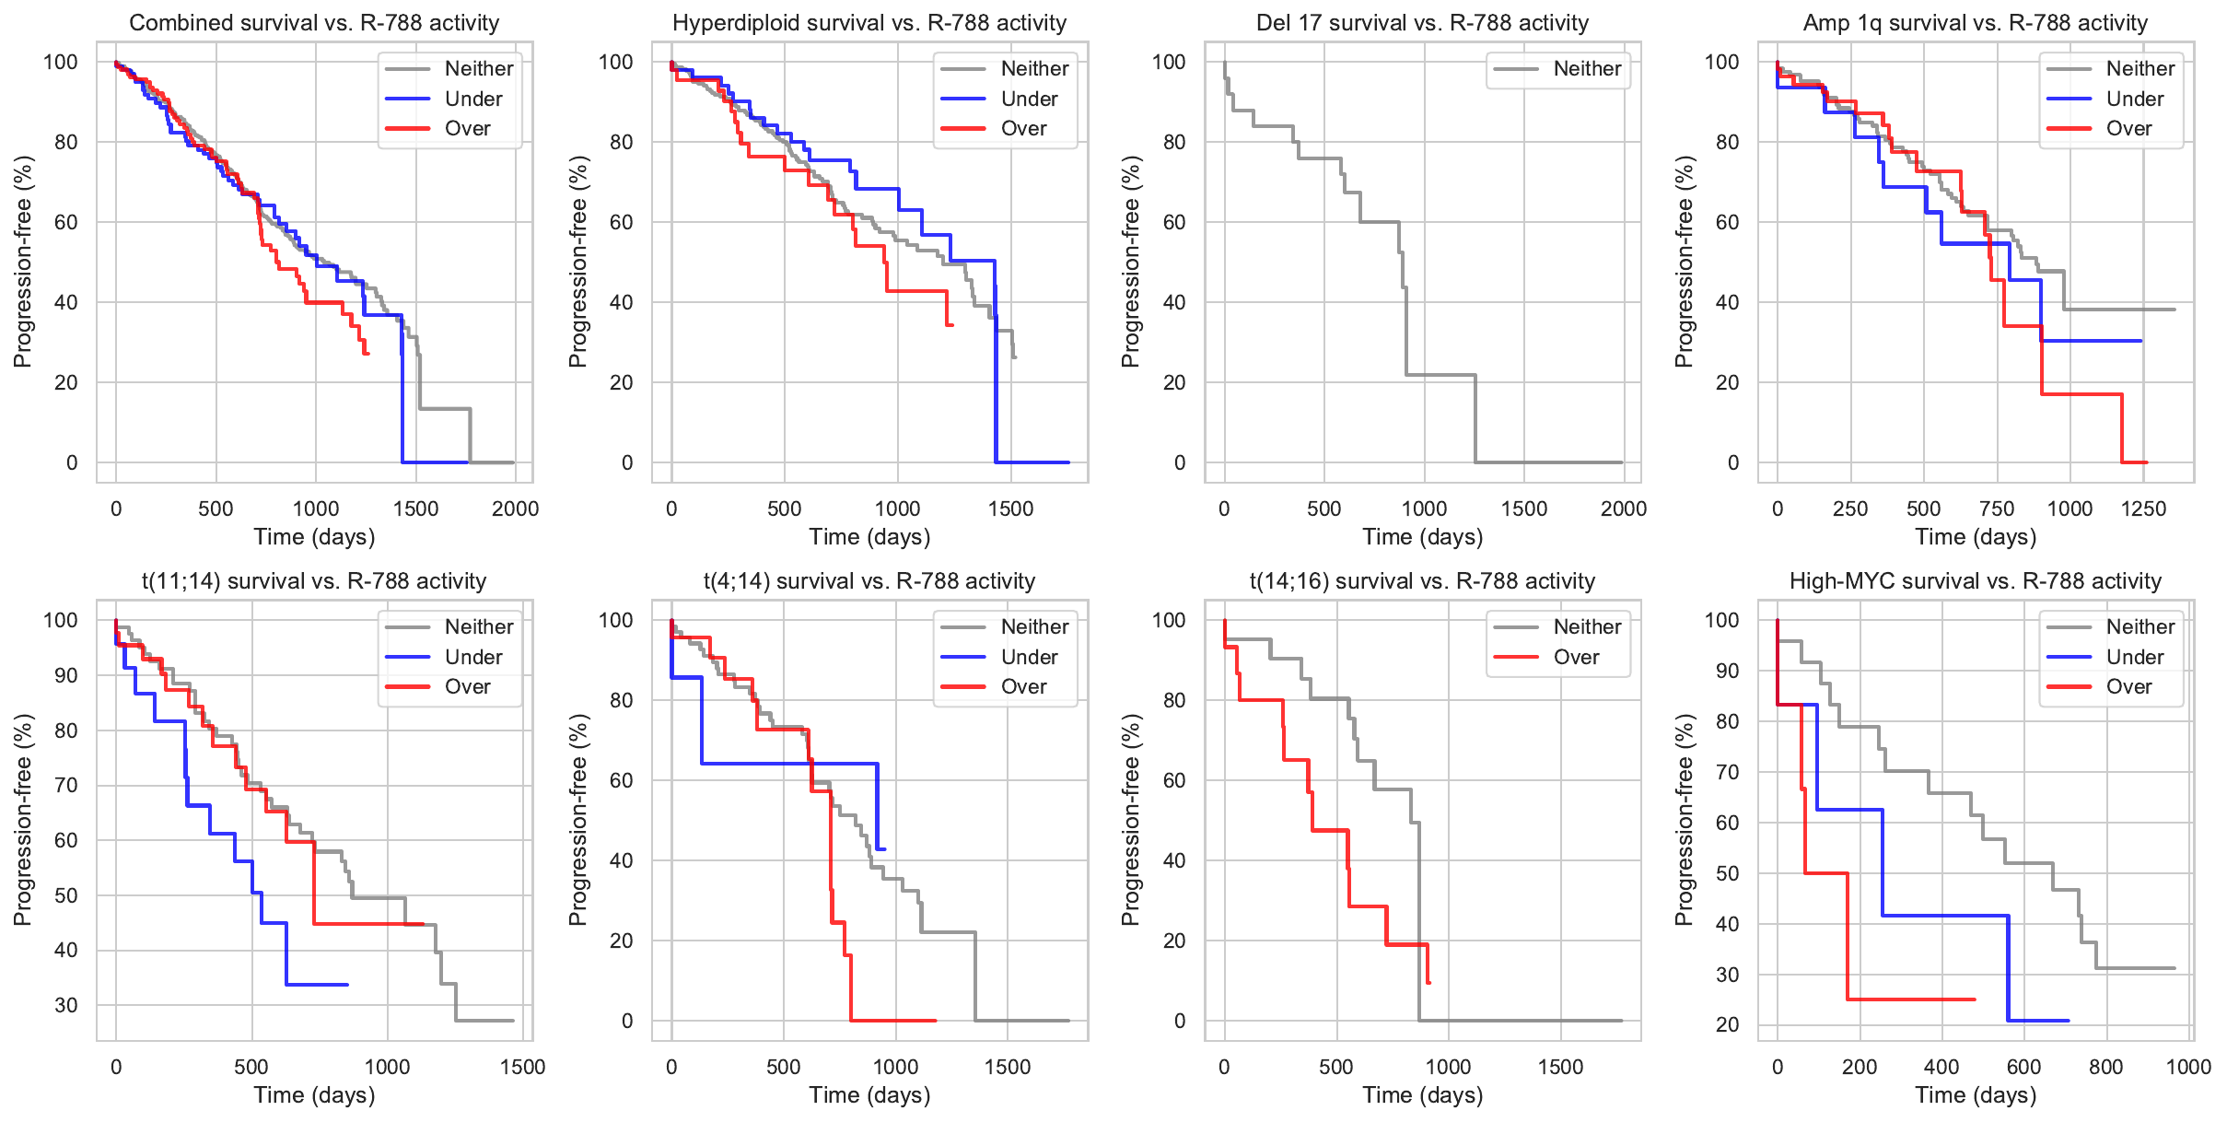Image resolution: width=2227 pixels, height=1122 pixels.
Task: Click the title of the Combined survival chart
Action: click(x=314, y=23)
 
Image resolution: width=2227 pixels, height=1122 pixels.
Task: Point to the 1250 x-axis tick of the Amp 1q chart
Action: click(x=2143, y=508)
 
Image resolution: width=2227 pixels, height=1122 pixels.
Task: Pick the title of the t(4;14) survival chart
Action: click(x=869, y=581)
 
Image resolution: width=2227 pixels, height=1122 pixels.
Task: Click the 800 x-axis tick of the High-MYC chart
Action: click(x=2105, y=1067)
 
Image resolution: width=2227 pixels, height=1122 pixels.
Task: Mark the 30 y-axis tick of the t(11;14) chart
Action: click(x=65, y=1005)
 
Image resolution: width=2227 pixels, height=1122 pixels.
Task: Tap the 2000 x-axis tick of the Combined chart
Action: click(x=515, y=508)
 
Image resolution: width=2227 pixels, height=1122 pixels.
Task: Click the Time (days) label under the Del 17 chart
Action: click(x=1422, y=537)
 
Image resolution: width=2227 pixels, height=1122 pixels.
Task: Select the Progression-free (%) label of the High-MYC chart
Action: click(x=1685, y=820)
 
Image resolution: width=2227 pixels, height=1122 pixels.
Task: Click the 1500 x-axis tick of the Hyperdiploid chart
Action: click(x=1010, y=508)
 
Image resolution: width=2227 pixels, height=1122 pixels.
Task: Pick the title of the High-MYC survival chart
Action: click(x=1975, y=581)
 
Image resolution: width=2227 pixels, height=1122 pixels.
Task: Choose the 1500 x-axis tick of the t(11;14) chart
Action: click(x=522, y=1067)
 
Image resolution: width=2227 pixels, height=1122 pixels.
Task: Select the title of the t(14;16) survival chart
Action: click(x=1422, y=581)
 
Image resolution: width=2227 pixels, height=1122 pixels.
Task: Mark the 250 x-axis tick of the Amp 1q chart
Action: click(x=1850, y=508)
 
